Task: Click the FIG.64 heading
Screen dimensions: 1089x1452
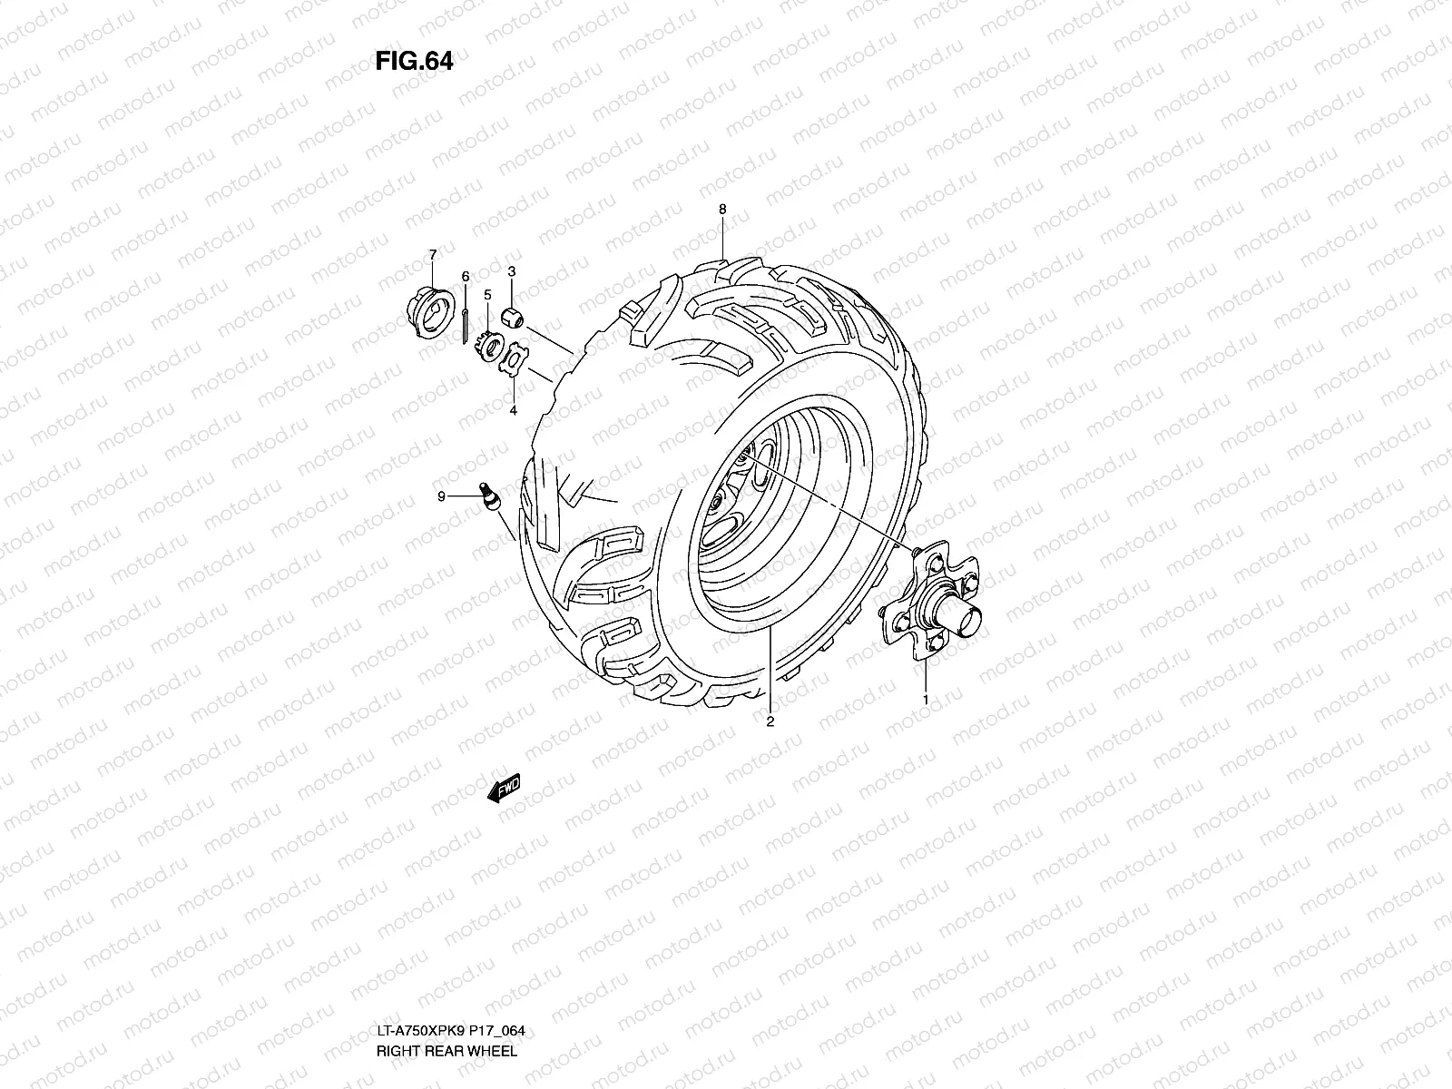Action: coord(414,61)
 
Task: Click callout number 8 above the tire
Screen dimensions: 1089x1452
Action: coord(722,210)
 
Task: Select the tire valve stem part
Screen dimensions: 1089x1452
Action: coord(491,497)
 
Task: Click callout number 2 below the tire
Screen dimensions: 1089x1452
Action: coord(770,722)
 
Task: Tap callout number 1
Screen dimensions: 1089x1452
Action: coord(926,699)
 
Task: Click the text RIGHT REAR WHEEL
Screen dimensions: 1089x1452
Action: coord(446,1052)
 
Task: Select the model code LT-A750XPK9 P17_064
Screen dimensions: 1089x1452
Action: coord(450,1031)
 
